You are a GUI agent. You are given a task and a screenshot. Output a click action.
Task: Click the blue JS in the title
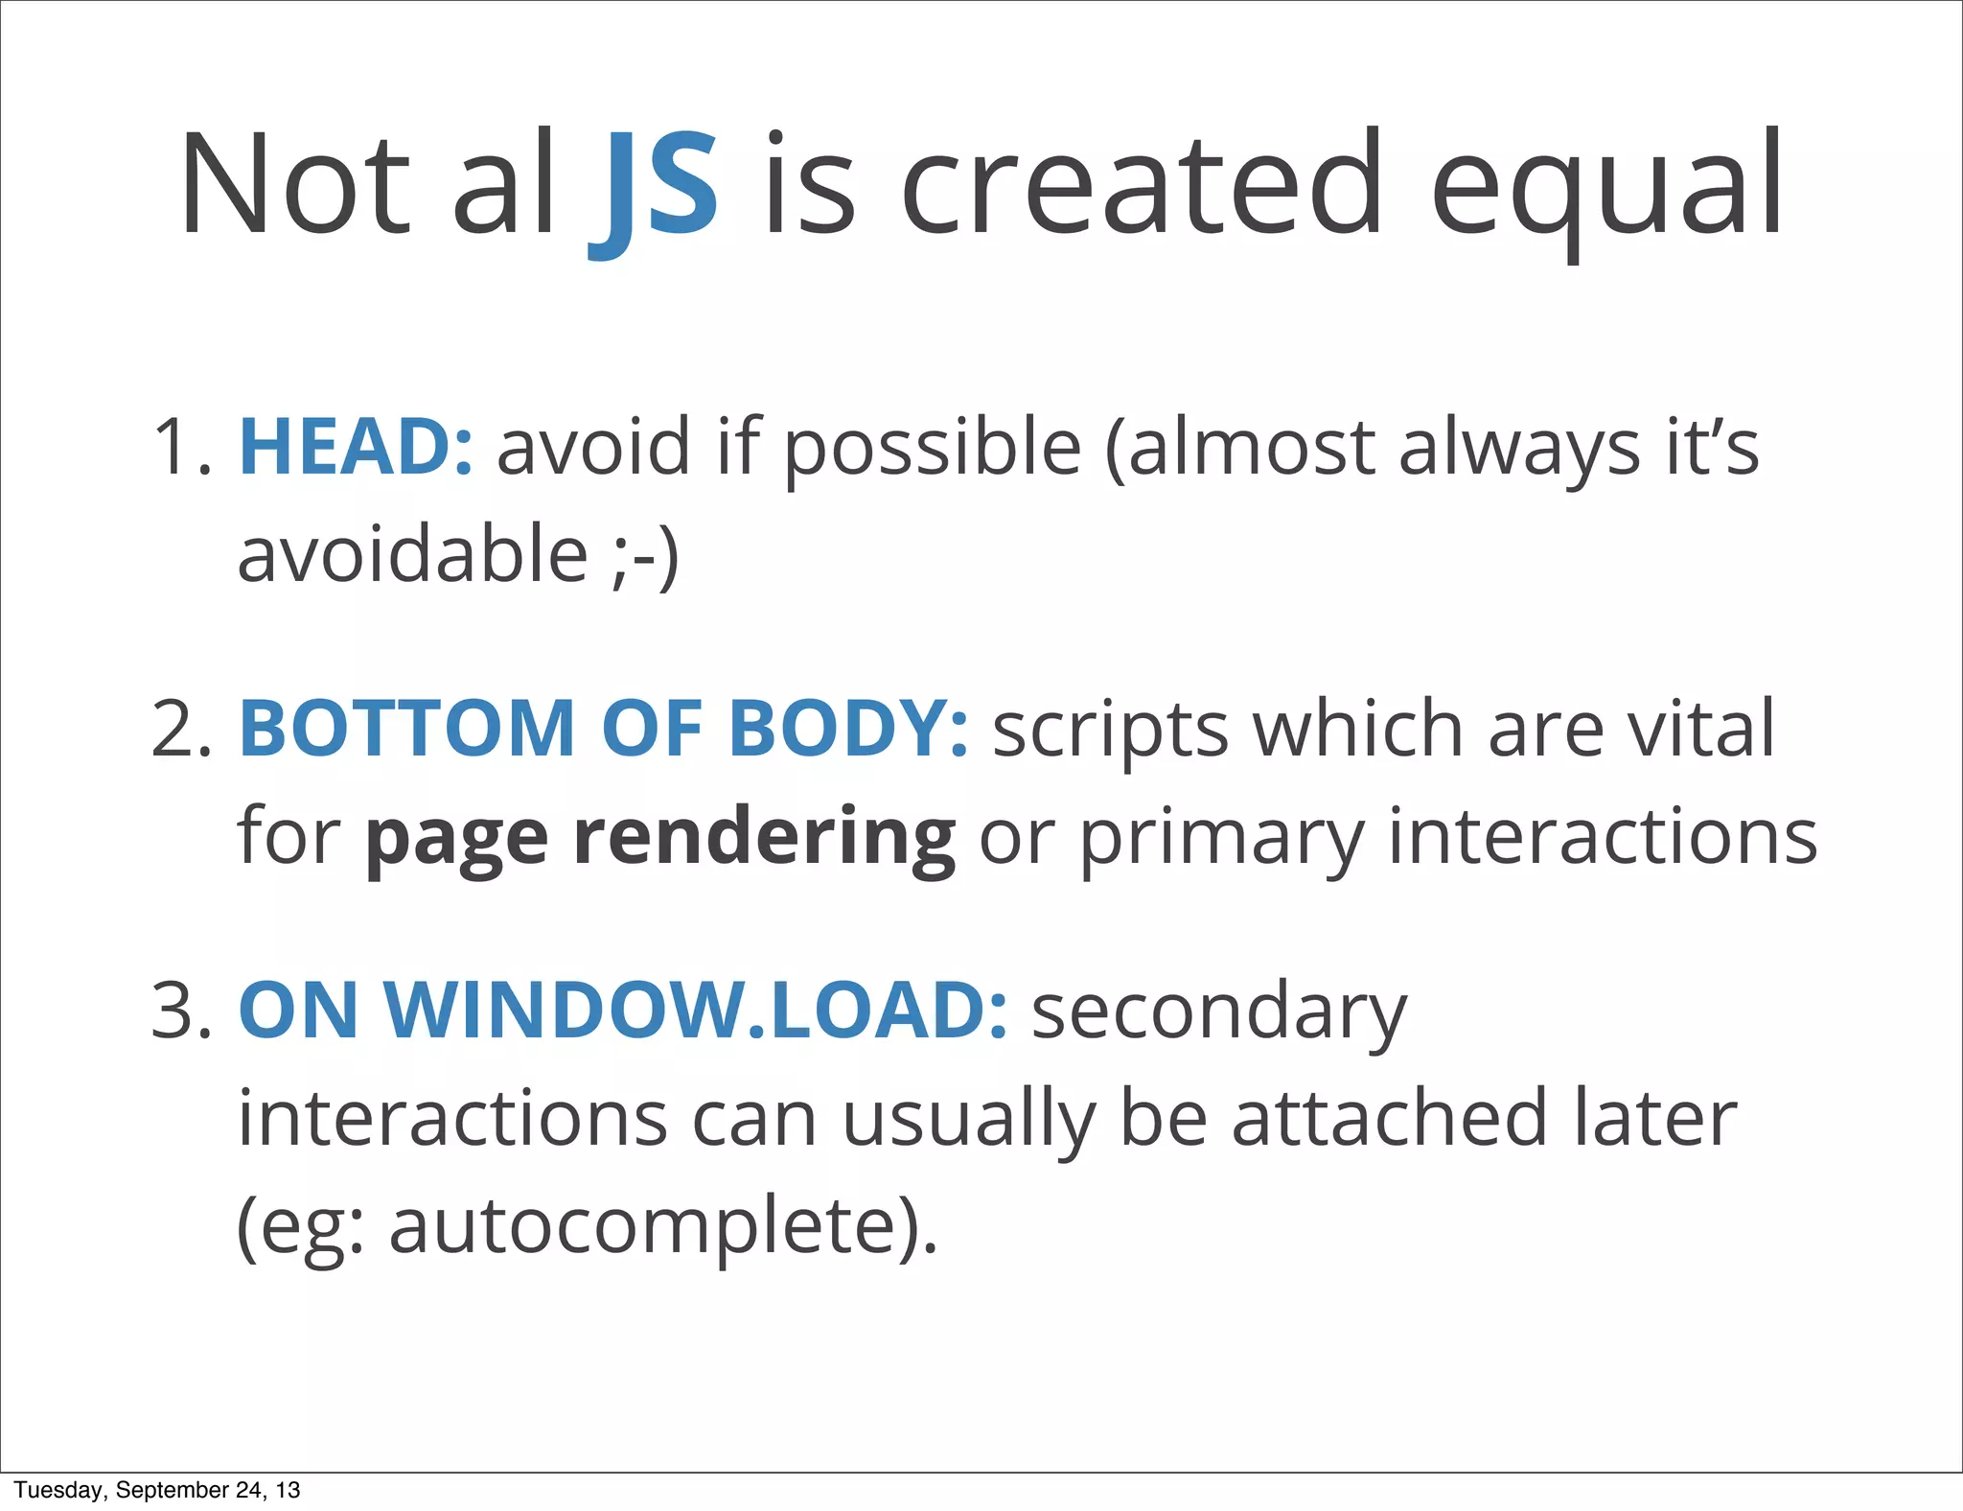[654, 187]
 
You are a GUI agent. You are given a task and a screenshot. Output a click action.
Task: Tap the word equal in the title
[1606, 187]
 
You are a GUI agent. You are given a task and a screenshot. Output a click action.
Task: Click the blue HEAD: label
[356, 447]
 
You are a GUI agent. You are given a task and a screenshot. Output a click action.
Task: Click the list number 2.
[179, 729]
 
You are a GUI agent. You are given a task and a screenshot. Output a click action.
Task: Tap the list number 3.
[179, 1011]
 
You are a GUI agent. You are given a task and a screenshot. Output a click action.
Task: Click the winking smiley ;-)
[645, 556]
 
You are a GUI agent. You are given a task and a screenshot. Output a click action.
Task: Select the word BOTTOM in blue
[406, 729]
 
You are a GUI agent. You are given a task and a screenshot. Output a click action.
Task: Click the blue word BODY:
[848, 729]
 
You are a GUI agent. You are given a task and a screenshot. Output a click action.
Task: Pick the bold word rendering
[764, 836]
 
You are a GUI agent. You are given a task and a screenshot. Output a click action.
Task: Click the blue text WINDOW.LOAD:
[695, 1011]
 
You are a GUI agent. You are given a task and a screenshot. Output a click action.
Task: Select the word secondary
[1219, 1012]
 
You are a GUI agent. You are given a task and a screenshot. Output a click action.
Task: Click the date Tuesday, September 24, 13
[157, 1490]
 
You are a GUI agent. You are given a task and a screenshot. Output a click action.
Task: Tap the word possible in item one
[933, 449]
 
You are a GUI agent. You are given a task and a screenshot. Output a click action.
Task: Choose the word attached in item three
[1390, 1118]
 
